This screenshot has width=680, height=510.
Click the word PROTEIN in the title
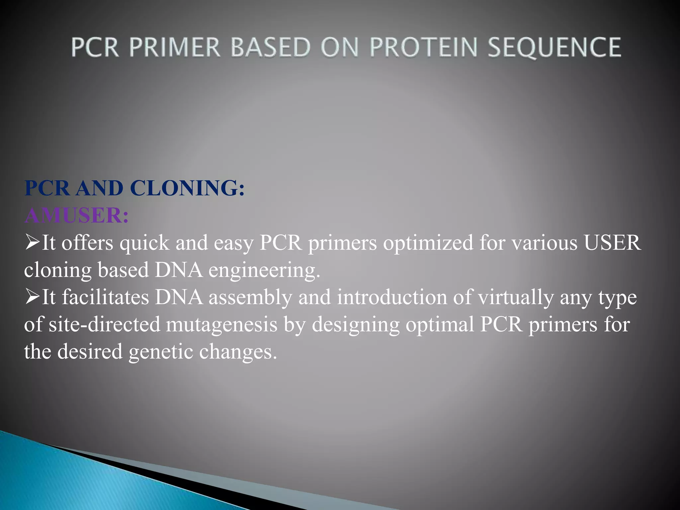[423, 47]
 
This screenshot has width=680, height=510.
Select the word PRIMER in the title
[175, 47]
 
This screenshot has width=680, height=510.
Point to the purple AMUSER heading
[76, 215]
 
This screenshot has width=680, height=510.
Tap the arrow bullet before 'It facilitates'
[32, 297]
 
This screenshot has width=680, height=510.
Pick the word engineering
[264, 271]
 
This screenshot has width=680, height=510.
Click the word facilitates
[106, 297]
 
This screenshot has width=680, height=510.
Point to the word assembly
[250, 297]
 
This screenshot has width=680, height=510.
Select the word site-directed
[105, 324]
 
